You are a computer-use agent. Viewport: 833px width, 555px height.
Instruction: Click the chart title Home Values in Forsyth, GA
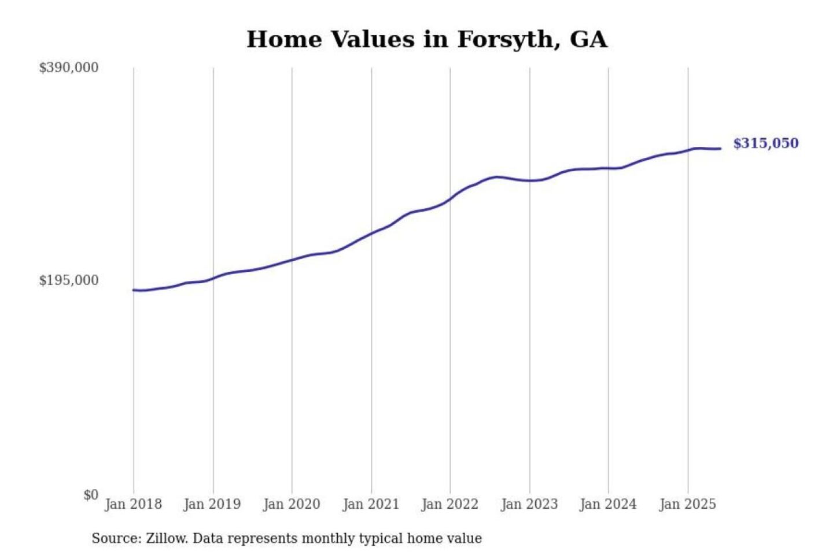(x=427, y=39)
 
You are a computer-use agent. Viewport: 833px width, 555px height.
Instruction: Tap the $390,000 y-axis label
(x=69, y=68)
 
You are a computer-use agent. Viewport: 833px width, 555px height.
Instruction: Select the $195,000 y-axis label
(x=69, y=280)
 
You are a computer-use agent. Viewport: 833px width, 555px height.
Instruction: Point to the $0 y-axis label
(x=91, y=495)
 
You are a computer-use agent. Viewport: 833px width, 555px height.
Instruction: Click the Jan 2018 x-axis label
(x=133, y=504)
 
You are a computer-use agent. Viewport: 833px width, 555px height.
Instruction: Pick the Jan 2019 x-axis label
(x=212, y=504)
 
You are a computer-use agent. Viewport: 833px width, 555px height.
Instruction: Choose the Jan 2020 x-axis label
(x=292, y=504)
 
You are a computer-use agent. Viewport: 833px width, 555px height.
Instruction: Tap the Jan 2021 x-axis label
(x=371, y=504)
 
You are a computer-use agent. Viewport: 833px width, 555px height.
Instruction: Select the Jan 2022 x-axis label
(x=450, y=504)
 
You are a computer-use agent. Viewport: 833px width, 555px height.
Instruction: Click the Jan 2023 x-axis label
(x=529, y=504)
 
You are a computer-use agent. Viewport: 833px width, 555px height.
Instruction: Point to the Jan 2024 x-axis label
(x=608, y=504)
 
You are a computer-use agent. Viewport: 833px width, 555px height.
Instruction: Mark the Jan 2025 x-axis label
(x=688, y=504)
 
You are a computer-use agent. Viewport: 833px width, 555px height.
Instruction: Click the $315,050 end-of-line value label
(x=766, y=143)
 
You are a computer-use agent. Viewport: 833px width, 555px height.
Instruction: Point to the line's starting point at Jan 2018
(x=134, y=290)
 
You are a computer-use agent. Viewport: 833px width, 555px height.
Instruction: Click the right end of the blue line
(x=720, y=149)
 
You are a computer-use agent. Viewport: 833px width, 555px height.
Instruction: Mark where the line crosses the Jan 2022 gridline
(x=450, y=199)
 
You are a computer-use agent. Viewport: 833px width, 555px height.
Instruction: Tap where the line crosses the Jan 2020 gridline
(x=292, y=260)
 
